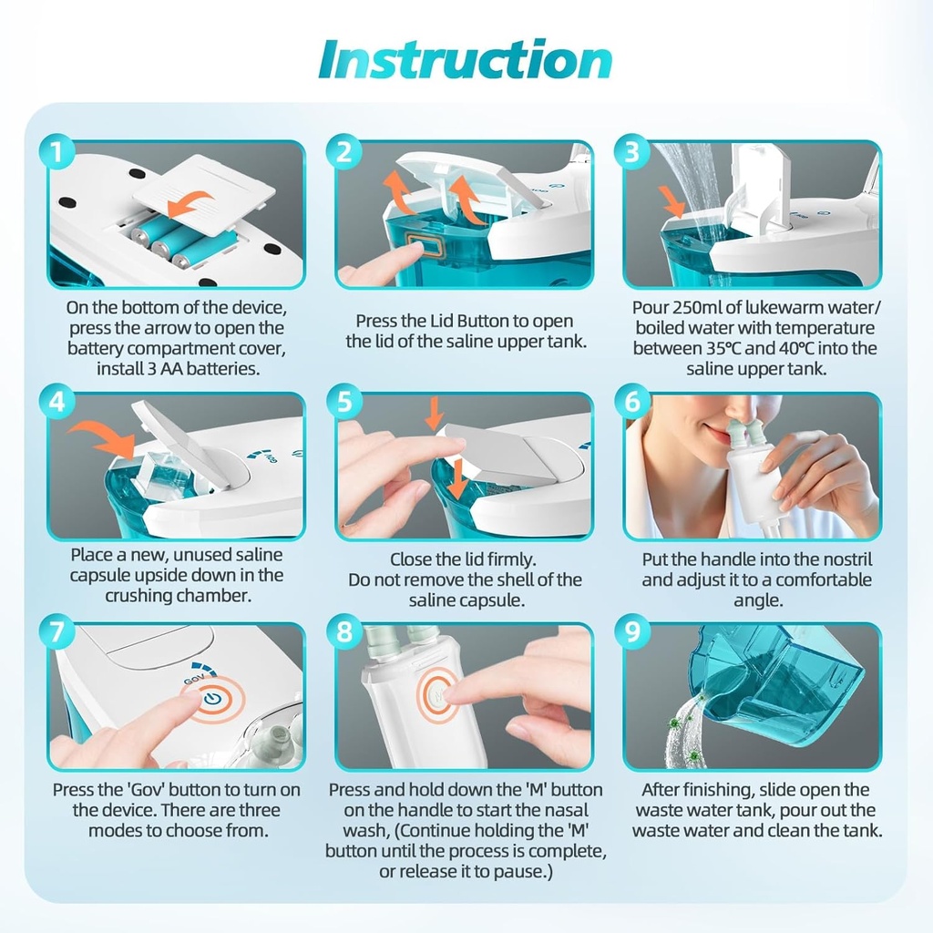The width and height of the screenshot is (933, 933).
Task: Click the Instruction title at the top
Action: (465, 59)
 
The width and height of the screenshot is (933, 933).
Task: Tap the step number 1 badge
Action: (56, 153)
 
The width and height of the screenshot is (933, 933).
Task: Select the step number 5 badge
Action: (344, 402)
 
